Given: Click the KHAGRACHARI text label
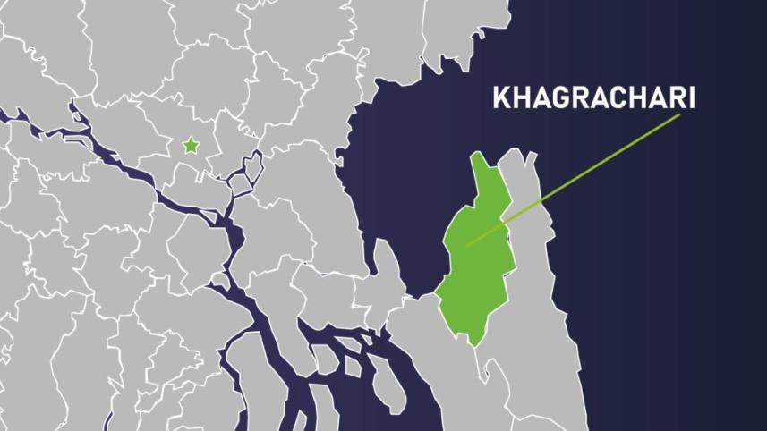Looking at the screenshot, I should [593, 98].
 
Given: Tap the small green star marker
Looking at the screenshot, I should [191, 145].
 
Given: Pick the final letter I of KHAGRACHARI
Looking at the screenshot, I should [690, 98].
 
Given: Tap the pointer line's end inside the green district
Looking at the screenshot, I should [467, 245].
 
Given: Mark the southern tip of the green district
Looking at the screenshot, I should [473, 345].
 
